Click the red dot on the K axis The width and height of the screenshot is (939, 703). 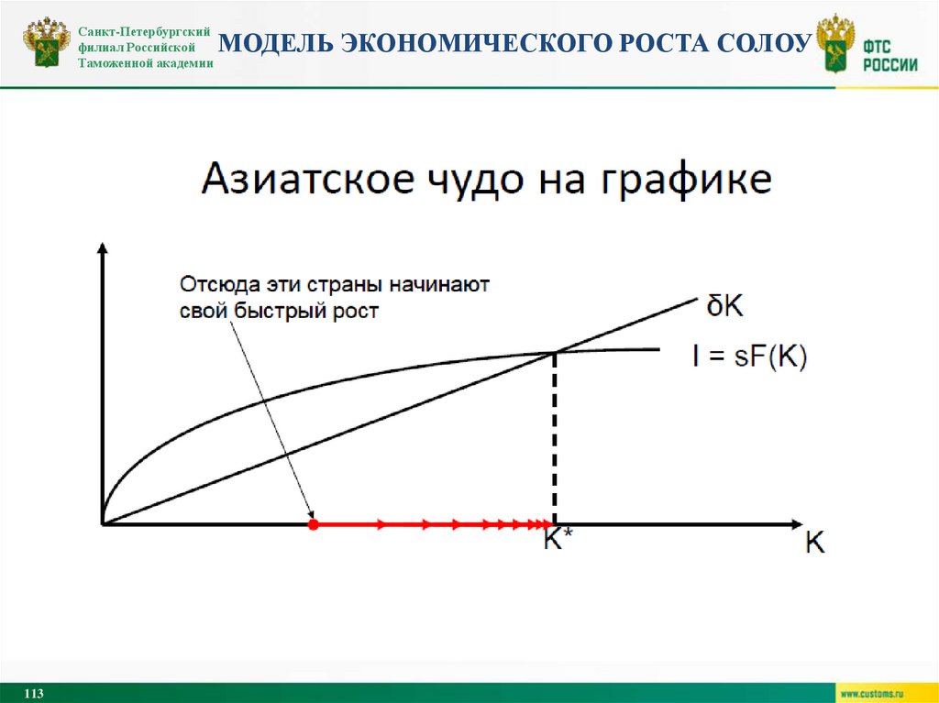(x=313, y=524)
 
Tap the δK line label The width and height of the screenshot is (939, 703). (x=724, y=306)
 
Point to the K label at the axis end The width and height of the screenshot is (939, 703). (x=814, y=543)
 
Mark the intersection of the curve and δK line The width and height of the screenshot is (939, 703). (x=553, y=352)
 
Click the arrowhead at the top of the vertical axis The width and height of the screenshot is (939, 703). (x=102, y=247)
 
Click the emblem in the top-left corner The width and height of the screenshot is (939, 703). (x=46, y=43)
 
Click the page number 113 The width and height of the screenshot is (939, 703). (x=35, y=693)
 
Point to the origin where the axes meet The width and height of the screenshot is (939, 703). (x=102, y=524)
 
